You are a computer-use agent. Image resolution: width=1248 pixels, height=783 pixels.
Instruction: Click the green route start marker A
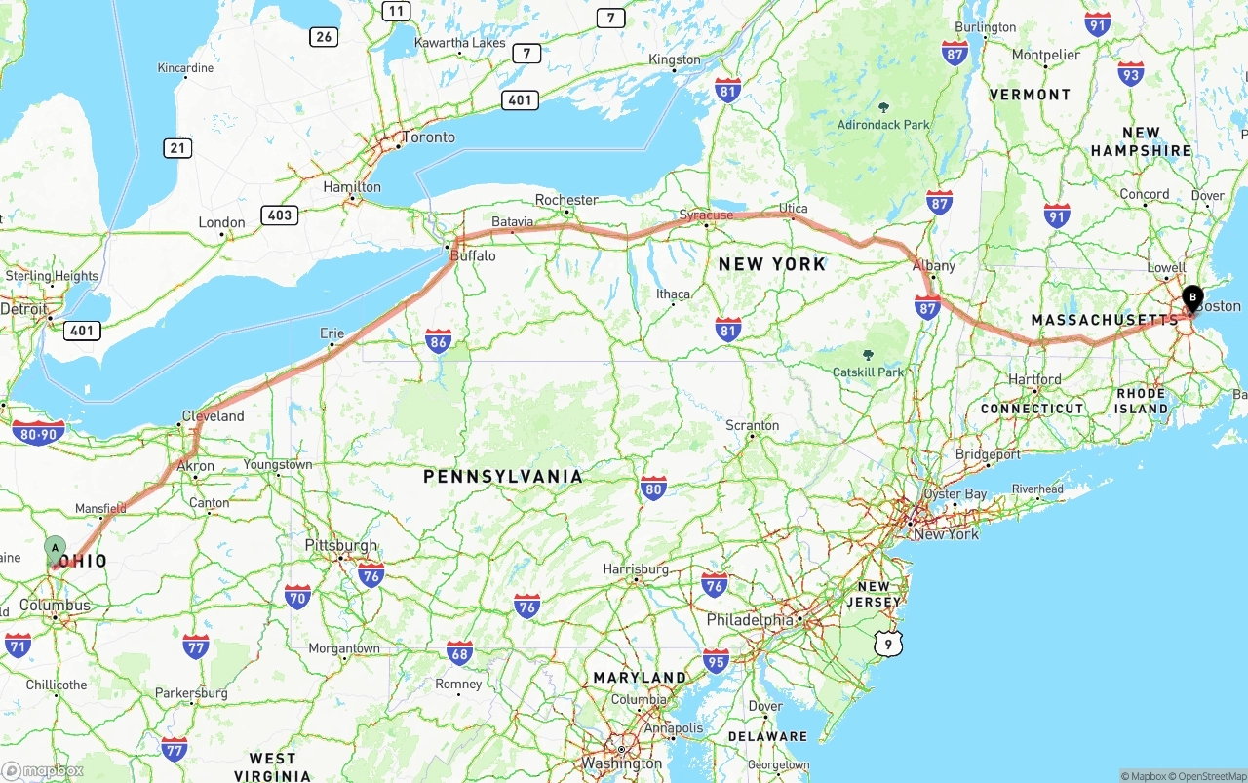coord(55,548)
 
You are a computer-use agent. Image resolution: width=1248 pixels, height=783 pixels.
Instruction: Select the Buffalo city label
coord(473,256)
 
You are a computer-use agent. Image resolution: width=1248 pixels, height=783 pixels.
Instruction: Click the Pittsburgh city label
coord(340,545)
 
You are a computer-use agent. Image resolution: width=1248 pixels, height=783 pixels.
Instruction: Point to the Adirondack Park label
coord(883,125)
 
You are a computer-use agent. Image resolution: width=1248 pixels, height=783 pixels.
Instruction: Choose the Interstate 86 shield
coord(439,339)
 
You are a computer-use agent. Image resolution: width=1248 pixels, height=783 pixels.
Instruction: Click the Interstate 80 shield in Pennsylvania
coord(653,489)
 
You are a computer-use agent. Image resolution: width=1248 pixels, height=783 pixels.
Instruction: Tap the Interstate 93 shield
coord(1131,73)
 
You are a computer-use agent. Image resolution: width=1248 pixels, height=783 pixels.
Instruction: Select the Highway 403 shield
coord(280,215)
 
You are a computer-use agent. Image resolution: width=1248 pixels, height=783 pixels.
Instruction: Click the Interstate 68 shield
coord(459,652)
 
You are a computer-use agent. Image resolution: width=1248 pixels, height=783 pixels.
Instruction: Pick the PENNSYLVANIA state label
coord(502,477)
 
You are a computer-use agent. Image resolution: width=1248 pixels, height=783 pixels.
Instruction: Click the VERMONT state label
coord(1030,95)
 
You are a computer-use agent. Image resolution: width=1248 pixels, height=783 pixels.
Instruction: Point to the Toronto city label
coord(429,137)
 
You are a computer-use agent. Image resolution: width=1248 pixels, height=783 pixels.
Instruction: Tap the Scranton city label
coord(752,425)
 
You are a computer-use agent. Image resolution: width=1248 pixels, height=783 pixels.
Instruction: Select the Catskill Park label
coord(869,372)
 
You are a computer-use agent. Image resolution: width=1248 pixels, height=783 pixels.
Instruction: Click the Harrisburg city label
coord(636,568)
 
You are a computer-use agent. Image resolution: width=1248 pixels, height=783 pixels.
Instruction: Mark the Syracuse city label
coord(707,215)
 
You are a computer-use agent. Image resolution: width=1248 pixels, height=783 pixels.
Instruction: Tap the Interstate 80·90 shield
coord(39,432)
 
